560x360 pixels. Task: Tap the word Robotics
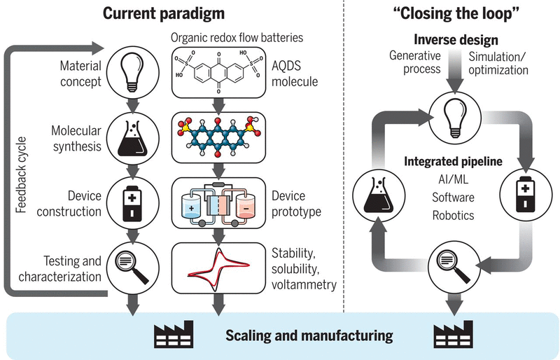click(453, 216)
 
